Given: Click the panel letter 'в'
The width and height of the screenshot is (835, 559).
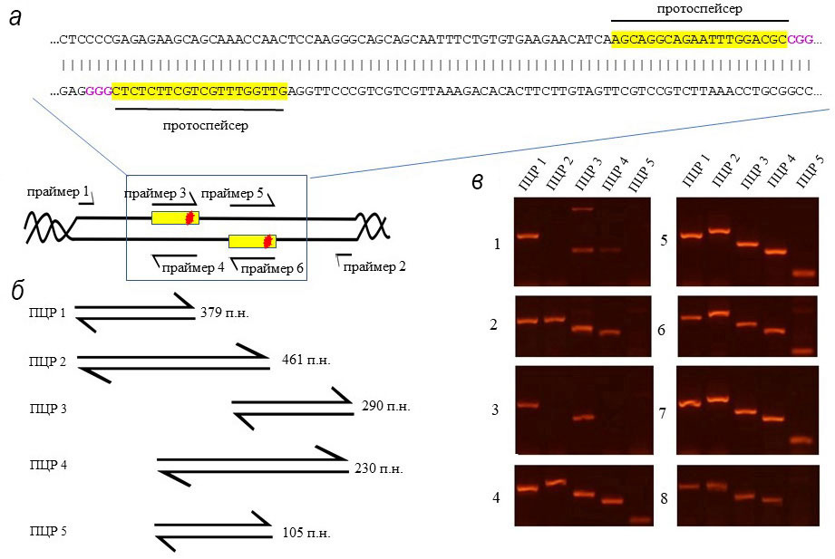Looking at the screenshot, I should click(479, 179).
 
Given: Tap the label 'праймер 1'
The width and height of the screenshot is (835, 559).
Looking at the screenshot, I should click(58, 192).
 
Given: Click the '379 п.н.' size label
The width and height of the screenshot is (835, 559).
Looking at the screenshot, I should click(224, 313).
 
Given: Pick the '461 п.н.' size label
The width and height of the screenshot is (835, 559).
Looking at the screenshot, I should click(299, 360).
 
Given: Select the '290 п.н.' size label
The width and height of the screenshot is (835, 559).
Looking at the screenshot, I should click(385, 407).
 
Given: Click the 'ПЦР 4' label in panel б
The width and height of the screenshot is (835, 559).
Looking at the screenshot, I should click(49, 466).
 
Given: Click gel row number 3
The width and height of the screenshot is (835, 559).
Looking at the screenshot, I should click(496, 410).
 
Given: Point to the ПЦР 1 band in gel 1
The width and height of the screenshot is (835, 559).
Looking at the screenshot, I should click(528, 237).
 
